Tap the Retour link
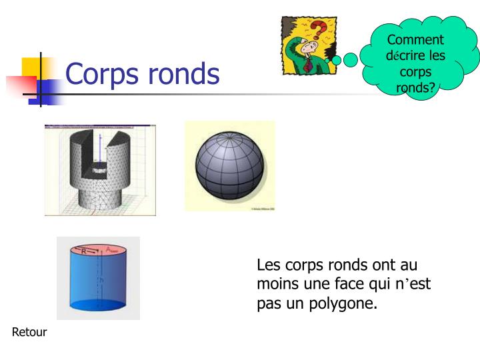29,332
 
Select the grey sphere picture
229,166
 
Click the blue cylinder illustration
98,278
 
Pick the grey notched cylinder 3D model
100,169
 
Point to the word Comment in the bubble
415,40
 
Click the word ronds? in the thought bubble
415,87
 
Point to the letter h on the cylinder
101,281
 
